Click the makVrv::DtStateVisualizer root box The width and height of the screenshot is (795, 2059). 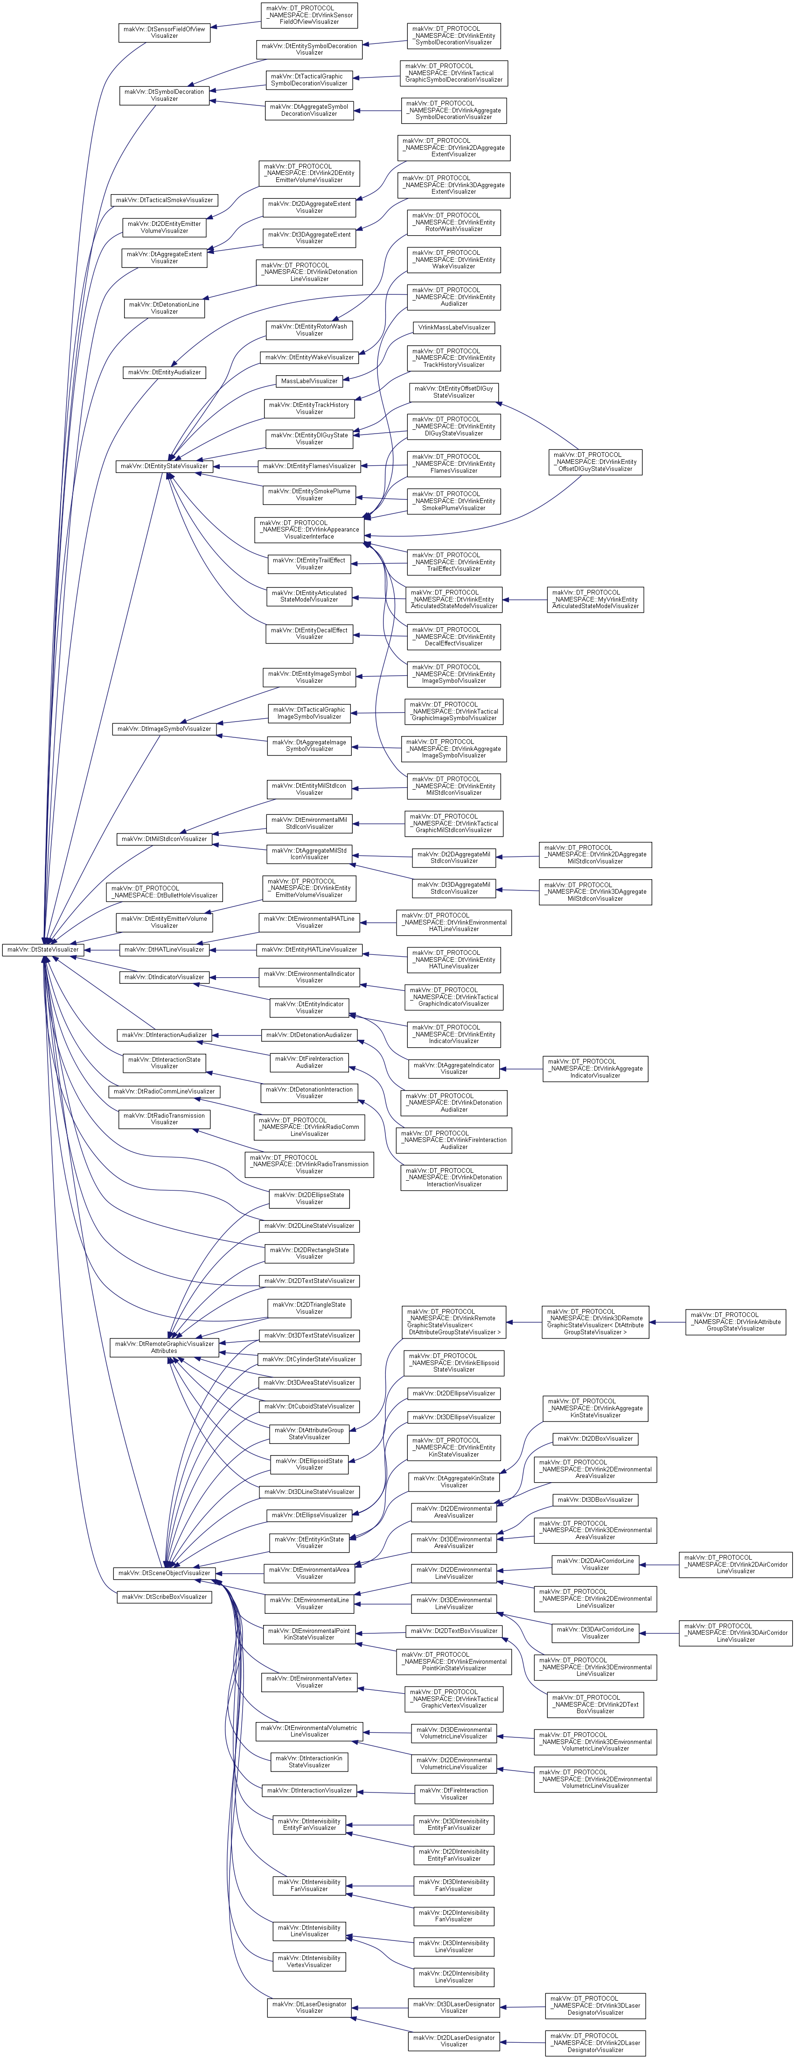42,950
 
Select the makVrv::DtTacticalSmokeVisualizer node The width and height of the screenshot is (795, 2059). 165,200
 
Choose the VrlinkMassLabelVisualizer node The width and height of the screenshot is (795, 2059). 454,327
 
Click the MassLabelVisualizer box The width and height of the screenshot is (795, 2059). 309,381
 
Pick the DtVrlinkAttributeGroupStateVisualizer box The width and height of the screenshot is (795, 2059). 736,1321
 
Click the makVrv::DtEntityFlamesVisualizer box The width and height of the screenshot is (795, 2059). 309,466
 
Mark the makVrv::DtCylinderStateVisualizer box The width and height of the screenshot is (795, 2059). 309,1359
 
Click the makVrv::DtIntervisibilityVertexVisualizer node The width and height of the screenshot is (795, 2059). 309,1961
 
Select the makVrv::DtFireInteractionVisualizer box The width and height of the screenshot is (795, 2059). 454,1793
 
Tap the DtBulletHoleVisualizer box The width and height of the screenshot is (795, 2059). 165,891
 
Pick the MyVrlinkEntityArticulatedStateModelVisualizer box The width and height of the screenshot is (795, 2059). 595,600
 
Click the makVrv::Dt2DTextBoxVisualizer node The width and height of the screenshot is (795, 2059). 454,1631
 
